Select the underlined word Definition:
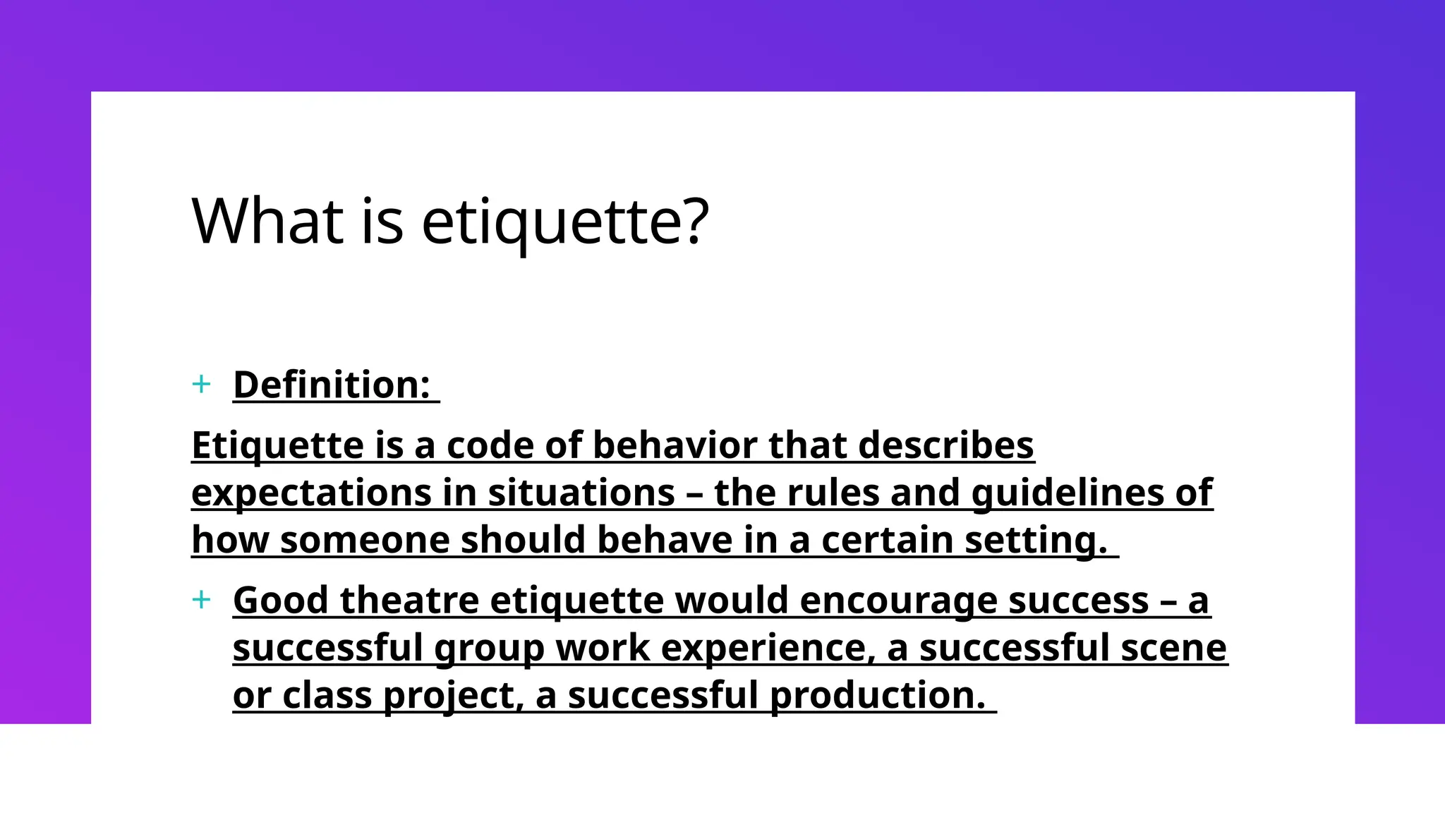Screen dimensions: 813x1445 tap(332, 385)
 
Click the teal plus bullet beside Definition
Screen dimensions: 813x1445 tap(201, 385)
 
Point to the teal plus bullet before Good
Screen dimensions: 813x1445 tap(201, 600)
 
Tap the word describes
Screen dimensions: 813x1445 tap(945, 446)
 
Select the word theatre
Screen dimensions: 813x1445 tap(409, 601)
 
